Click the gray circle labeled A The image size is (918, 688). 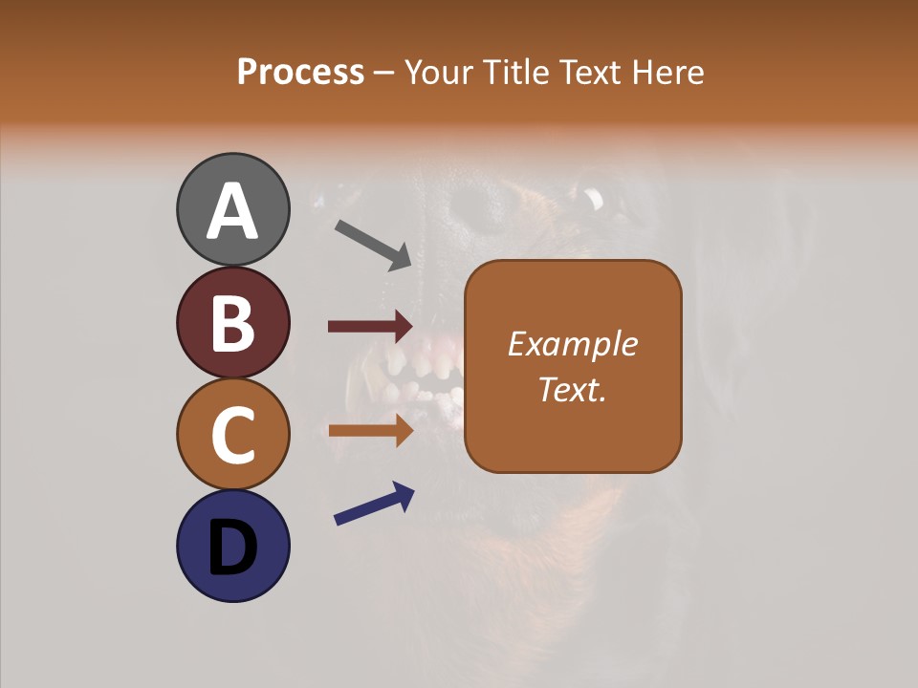tap(232, 209)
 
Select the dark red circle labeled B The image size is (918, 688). tap(232, 322)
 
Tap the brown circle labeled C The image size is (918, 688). tap(232, 434)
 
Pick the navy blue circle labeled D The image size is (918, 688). tap(232, 546)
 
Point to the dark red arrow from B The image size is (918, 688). tap(370, 327)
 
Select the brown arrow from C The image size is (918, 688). tap(370, 431)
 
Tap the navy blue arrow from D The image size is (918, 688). tap(374, 504)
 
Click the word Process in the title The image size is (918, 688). tap(300, 73)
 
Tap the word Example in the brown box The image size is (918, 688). tap(573, 344)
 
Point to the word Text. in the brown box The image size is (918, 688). tap(573, 389)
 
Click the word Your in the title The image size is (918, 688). tap(440, 73)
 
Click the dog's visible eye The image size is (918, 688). tap(594, 199)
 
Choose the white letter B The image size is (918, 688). tap(232, 322)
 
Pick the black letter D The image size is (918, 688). tap(232, 548)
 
